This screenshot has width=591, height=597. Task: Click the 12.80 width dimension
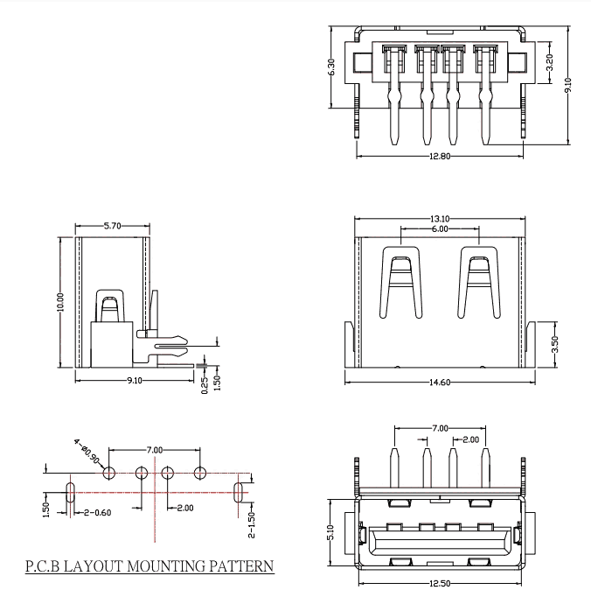point(440,158)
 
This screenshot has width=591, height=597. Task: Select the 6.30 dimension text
point(331,67)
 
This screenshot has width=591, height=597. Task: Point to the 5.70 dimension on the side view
point(112,226)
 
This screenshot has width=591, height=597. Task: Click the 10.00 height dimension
point(60,303)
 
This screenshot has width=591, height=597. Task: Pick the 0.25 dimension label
point(204,384)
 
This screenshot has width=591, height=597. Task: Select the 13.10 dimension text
point(440,219)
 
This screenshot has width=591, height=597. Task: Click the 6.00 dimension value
point(439,228)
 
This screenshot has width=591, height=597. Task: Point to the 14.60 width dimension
point(440,382)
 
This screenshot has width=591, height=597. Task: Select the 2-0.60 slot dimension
point(96,512)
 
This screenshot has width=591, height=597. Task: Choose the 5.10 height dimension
point(331,531)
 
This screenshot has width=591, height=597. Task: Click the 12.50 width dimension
point(439,583)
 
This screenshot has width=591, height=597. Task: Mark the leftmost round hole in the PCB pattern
point(109,474)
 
